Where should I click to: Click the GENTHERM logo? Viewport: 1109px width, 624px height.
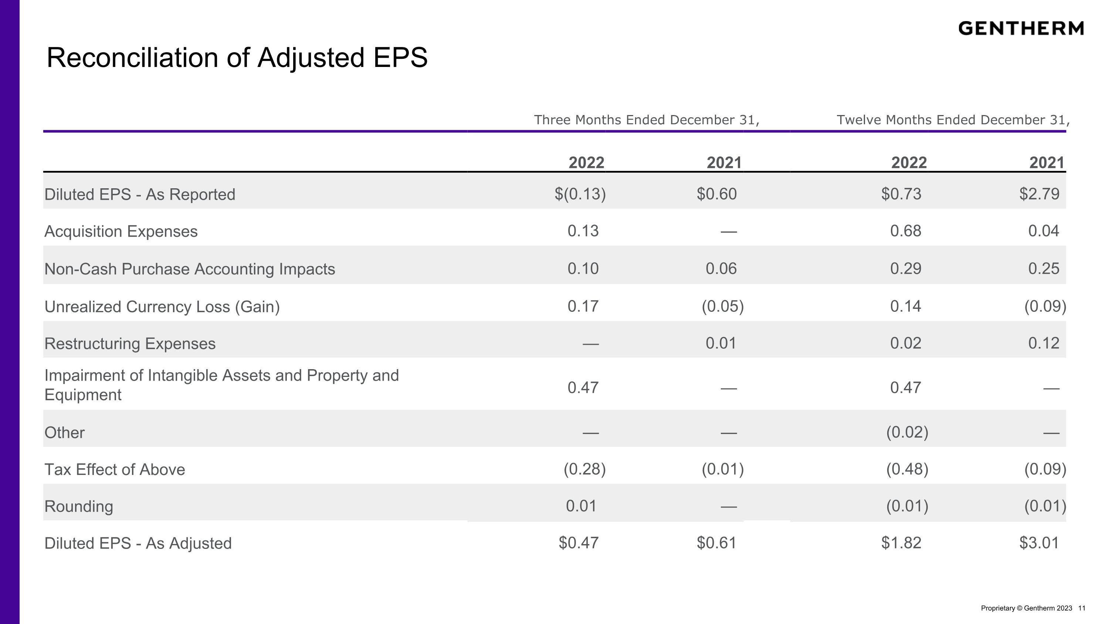pos(1021,28)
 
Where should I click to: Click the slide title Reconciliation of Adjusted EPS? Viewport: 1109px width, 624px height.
pos(237,58)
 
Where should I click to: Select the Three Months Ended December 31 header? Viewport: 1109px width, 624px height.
pos(647,120)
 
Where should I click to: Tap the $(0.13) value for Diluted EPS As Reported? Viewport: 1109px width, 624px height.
pos(580,194)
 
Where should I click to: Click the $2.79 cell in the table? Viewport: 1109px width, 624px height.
pos(1039,194)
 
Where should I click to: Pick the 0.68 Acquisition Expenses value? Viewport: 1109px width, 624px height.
pos(906,231)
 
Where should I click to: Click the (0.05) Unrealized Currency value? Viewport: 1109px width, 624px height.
pos(723,306)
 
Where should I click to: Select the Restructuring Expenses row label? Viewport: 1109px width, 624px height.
pos(130,344)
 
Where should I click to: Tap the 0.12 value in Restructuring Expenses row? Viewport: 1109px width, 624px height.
pos(1044,343)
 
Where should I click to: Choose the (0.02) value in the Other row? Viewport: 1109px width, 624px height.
pos(908,432)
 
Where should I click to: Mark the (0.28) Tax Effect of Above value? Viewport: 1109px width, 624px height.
pos(585,469)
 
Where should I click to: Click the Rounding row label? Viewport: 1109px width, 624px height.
pos(79,506)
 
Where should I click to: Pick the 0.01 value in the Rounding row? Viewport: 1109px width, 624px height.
pos(581,506)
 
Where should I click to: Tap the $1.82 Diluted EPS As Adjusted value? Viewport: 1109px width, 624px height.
pos(902,543)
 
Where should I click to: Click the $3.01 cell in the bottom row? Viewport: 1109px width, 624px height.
pos(1039,543)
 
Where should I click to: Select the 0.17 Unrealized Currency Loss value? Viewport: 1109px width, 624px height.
pos(583,306)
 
